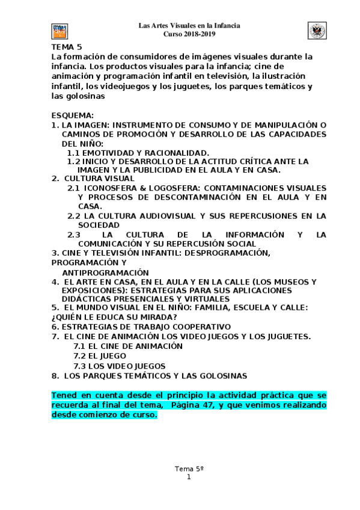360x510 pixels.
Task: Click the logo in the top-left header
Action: point(59,31)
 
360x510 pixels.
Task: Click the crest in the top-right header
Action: point(317,31)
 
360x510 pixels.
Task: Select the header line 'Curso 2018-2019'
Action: point(189,34)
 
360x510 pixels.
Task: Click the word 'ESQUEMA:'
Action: point(72,115)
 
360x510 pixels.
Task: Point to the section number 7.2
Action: point(79,355)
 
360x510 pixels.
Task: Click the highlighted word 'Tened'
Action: point(64,395)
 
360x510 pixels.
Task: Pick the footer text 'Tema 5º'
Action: point(189,469)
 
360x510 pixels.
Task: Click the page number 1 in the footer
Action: point(189,477)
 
